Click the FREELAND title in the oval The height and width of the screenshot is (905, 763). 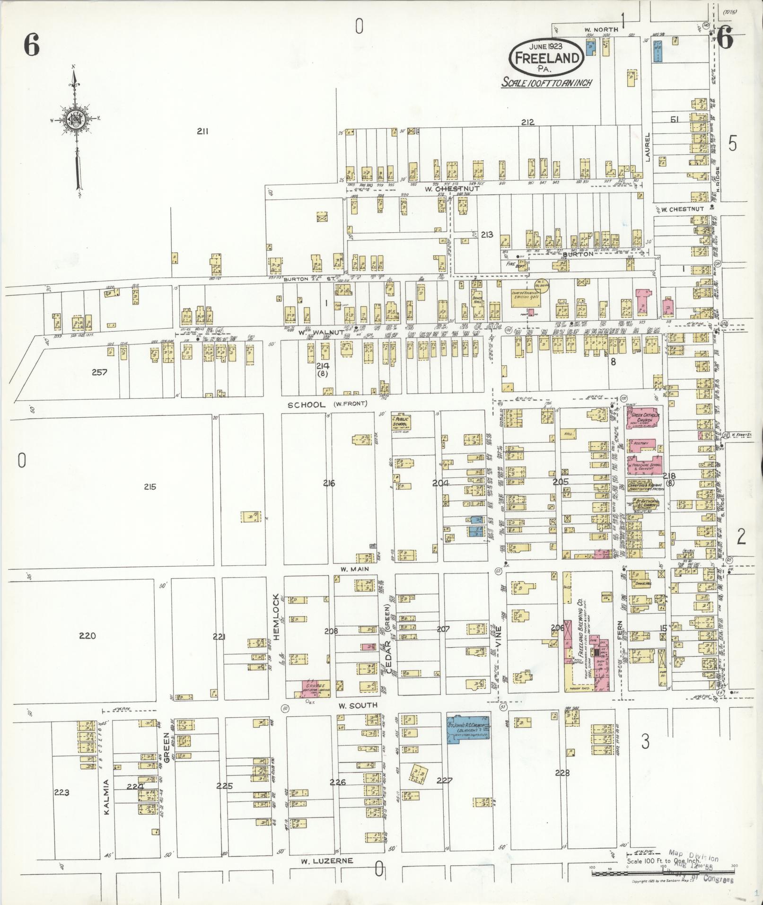click(547, 58)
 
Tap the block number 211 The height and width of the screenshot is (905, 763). click(203, 132)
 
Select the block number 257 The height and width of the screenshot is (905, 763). click(99, 372)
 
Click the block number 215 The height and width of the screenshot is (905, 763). click(150, 487)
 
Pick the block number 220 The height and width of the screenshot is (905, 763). click(88, 635)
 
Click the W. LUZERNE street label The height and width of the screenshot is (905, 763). click(327, 861)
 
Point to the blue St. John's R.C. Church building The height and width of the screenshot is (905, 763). click(468, 729)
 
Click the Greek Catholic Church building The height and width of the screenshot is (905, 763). click(642, 419)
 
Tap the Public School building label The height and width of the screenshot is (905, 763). click(400, 422)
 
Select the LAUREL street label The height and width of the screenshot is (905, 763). click(647, 147)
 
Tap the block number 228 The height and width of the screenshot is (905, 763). click(562, 773)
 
